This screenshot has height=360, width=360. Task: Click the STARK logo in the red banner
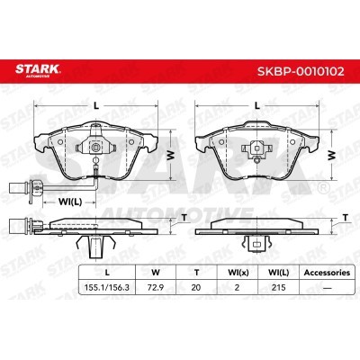[x=38, y=70]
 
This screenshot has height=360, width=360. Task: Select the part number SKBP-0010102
[x=301, y=71]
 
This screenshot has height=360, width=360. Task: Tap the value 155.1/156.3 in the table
[x=107, y=287]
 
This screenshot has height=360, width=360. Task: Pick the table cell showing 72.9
[x=156, y=287]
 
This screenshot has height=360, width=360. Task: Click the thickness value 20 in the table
[x=196, y=287]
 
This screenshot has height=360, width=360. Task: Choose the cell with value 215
[x=278, y=287]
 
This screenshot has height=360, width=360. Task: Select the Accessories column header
[x=327, y=273]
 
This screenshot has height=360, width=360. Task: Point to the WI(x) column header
[x=238, y=273]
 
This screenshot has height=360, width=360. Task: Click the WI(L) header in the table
[x=279, y=273]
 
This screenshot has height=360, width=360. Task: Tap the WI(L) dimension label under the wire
[x=69, y=202]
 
